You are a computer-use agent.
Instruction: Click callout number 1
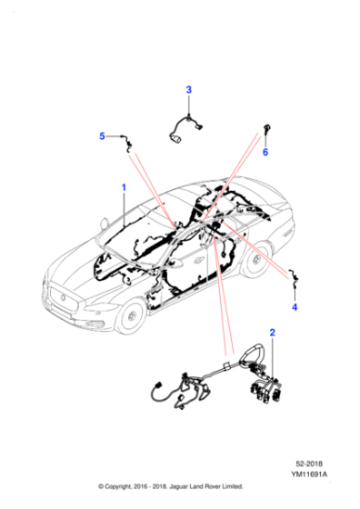(125, 189)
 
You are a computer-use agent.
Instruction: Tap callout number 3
(189, 89)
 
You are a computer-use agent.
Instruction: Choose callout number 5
(103, 136)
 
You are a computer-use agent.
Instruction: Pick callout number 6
(265, 152)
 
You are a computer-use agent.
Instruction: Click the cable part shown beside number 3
(187, 127)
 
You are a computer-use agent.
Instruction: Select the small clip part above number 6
(266, 128)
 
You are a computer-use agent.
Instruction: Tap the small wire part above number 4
(293, 281)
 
